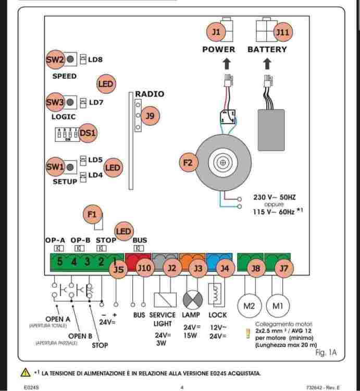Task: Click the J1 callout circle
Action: pyautogui.click(x=216, y=32)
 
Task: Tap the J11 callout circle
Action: pyautogui.click(x=282, y=32)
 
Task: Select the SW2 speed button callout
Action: pyautogui.click(x=55, y=59)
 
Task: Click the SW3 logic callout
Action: pyautogui.click(x=55, y=102)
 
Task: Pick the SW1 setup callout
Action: pyautogui.click(x=55, y=167)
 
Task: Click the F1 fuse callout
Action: pyautogui.click(x=92, y=214)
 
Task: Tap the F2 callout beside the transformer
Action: pyautogui.click(x=189, y=163)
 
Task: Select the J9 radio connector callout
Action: pyautogui.click(x=150, y=116)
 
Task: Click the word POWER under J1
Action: pyautogui.click(x=219, y=50)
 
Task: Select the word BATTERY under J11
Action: pyautogui.click(x=267, y=50)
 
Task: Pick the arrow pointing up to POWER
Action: pyautogui.click(x=227, y=64)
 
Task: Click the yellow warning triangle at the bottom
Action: pyautogui.click(x=24, y=373)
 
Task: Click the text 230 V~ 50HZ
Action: pyautogui.click(x=274, y=198)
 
